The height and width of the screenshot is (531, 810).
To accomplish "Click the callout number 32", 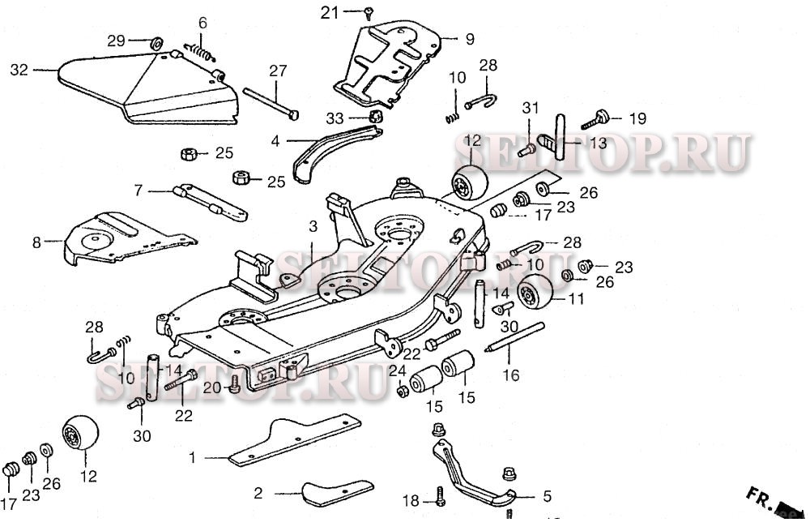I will click(19, 70).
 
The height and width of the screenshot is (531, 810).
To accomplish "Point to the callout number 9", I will click(469, 38).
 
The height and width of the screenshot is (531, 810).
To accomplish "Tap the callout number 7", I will click(139, 191).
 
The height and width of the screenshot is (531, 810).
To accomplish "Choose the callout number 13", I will click(597, 143).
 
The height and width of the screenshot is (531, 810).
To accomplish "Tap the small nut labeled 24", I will click(402, 392).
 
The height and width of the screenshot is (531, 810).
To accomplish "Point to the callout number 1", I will click(192, 458).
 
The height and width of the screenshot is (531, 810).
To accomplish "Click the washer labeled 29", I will click(157, 41).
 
